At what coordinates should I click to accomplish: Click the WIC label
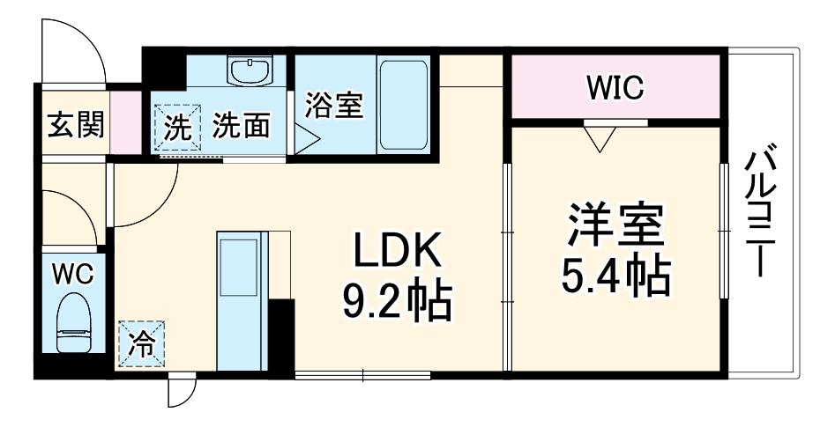[616, 88]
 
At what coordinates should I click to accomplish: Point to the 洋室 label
[615, 227]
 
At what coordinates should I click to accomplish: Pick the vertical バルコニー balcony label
[763, 211]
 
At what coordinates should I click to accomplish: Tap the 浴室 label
[334, 105]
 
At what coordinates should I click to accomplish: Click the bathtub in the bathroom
[404, 105]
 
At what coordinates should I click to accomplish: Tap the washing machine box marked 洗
[178, 129]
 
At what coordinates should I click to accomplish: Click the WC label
[71, 273]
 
